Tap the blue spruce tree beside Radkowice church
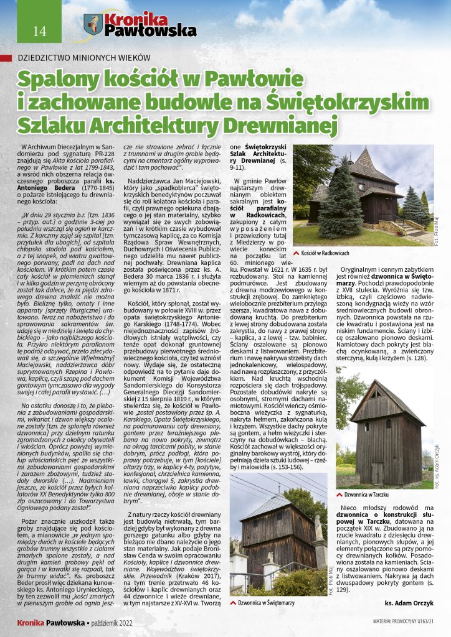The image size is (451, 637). click(x=331, y=199)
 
